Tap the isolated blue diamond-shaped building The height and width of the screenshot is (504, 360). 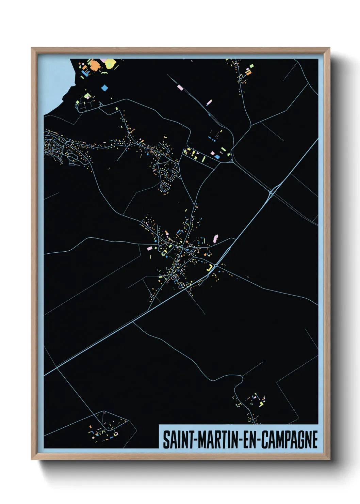point(104,88)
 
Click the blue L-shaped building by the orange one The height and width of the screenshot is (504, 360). point(84,73)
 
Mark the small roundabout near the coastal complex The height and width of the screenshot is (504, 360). point(101,105)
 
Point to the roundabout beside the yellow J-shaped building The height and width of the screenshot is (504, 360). point(216,265)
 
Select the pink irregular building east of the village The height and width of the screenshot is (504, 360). point(215,238)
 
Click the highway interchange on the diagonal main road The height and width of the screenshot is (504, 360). point(272,193)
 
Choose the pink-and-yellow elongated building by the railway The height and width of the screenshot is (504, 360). point(209,102)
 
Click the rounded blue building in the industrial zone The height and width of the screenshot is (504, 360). point(217,157)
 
